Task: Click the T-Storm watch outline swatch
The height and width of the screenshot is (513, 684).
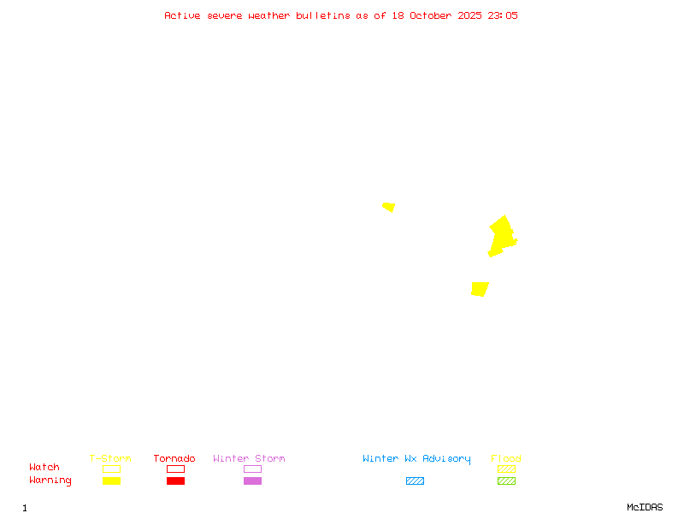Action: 111,469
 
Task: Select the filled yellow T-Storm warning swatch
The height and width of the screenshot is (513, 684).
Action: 111,481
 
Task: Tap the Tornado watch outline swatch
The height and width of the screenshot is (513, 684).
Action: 175,469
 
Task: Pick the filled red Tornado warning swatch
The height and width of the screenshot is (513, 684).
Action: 175,481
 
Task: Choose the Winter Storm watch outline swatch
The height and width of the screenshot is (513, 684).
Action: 252,469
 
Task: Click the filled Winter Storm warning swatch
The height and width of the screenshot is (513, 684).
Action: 252,481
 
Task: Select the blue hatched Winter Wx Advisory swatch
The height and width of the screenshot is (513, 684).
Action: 415,481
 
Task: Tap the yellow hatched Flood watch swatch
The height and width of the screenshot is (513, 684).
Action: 506,469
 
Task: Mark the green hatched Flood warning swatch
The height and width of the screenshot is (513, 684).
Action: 506,481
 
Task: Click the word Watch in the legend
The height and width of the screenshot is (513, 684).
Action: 44,468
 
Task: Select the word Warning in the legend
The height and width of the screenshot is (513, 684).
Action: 50,481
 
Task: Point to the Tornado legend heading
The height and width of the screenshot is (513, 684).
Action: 174,459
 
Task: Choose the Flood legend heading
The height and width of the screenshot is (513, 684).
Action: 506,459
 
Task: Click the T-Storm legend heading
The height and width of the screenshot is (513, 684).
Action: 110,459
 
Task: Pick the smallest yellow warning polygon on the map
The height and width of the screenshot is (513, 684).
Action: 389,207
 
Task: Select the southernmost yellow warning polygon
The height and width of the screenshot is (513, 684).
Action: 480,289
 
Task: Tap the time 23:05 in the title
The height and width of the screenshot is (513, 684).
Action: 503,15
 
